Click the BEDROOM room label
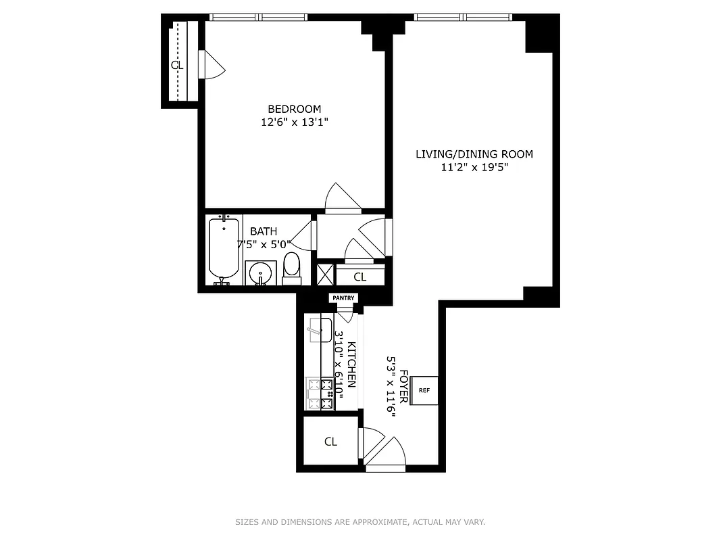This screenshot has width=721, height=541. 294,109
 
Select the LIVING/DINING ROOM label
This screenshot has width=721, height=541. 474,154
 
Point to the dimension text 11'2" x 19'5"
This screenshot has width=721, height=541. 474,167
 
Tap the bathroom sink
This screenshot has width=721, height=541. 261,273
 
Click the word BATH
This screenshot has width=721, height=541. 264,231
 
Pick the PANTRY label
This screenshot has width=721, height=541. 343,298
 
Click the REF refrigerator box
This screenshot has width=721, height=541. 424,390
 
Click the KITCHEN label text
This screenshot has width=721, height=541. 351,364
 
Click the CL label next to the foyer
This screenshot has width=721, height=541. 330,442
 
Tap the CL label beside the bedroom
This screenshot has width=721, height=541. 177,66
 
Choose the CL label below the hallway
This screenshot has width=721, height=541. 359,277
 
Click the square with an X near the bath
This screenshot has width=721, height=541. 326,275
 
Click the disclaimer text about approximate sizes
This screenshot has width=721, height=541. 360,522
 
